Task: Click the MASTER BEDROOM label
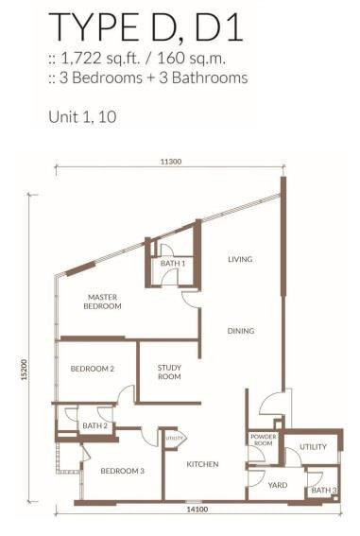coord(102,302)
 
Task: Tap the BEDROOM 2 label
coord(93,369)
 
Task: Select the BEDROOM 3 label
coord(122,471)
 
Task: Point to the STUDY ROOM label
coord(169,372)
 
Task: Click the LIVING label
coord(240,259)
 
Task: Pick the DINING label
coord(241,331)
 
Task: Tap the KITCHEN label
coord(202,464)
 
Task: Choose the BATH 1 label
coord(173,263)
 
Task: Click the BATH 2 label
coord(94,426)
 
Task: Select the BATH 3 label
coord(324,491)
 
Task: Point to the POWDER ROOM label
coord(264,440)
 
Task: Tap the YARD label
coord(278,485)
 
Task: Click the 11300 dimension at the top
coord(171,162)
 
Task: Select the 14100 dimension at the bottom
coord(197,510)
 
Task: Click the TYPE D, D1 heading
coord(146,26)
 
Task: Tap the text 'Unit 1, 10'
coord(82,117)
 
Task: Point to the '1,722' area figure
coord(80,59)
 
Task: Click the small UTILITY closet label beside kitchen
coord(174,438)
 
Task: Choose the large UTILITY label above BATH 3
coord(313,447)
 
